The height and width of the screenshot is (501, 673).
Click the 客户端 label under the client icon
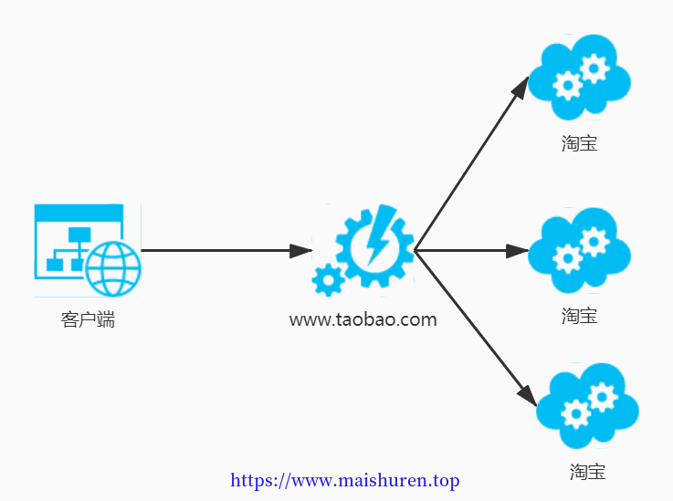(x=88, y=320)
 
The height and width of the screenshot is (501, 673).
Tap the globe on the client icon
(x=113, y=269)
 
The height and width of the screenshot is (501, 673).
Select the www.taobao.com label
(x=363, y=320)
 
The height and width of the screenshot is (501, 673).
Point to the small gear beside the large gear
(x=329, y=280)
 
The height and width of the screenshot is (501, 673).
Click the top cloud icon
(x=579, y=78)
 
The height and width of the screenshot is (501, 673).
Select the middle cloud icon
(x=579, y=250)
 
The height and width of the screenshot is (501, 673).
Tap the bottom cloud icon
(x=587, y=406)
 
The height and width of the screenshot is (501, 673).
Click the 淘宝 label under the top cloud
(x=580, y=143)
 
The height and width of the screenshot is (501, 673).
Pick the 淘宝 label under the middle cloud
(x=580, y=316)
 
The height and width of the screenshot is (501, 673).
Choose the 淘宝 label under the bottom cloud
(x=587, y=472)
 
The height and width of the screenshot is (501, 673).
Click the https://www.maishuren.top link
(x=344, y=481)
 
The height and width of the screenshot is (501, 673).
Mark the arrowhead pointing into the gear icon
(x=300, y=250)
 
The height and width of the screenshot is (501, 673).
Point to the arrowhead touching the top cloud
(x=521, y=88)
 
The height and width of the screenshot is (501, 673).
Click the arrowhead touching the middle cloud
(x=517, y=250)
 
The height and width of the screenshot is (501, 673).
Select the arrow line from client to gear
(x=226, y=250)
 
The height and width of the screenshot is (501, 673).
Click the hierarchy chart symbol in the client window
(x=68, y=249)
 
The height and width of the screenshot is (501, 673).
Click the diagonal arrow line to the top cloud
(x=472, y=163)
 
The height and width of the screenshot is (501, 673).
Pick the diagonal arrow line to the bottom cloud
(x=476, y=329)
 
